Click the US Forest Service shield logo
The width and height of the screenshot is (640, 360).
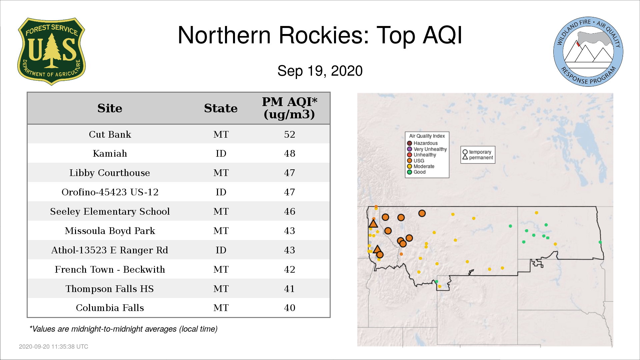click(51, 52)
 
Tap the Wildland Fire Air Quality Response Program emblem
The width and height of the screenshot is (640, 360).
click(588, 52)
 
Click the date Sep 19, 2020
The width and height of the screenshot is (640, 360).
click(320, 71)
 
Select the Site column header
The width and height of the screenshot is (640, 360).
click(110, 108)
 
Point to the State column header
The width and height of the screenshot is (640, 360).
click(221, 108)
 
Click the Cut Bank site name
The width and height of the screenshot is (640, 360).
click(110, 134)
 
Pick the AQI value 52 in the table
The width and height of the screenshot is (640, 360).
click(290, 134)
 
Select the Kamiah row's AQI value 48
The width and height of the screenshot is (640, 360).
click(290, 154)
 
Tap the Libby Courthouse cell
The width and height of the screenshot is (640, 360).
click(110, 173)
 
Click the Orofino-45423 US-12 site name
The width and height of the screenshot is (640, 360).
click(110, 192)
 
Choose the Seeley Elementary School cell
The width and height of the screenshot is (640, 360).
click(110, 212)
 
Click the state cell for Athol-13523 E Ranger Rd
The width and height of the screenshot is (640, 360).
click(221, 250)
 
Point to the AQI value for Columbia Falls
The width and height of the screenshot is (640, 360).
click(290, 308)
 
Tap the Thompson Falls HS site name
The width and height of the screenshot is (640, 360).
click(110, 289)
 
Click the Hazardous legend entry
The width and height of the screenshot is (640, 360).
click(422, 143)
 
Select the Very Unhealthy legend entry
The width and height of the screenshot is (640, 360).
click(427, 149)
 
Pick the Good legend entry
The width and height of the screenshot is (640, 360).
click(416, 172)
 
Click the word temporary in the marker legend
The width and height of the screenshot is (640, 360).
click(480, 152)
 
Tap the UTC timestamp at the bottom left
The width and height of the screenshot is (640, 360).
click(54, 347)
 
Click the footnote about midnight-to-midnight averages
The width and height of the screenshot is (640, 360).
click(123, 329)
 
